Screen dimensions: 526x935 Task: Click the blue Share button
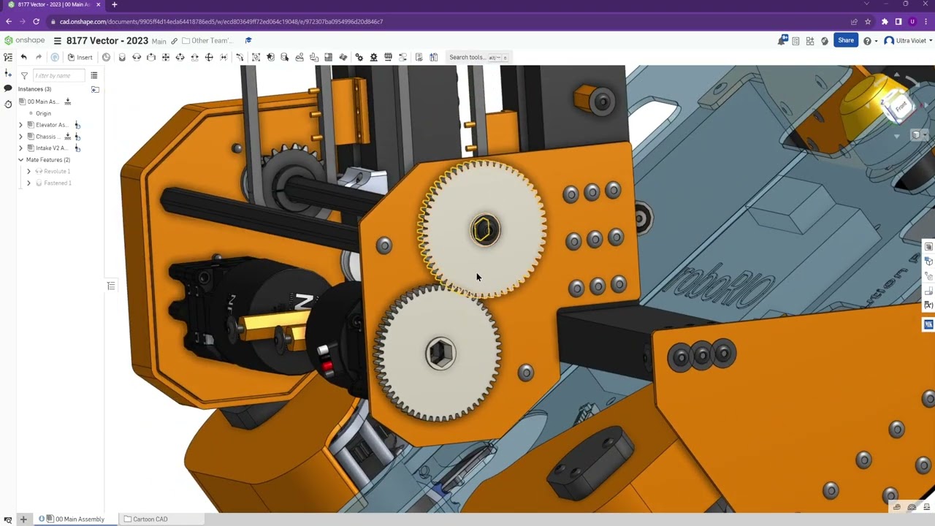point(845,41)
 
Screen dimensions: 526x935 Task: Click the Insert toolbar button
point(80,57)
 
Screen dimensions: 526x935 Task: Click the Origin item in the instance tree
point(43,113)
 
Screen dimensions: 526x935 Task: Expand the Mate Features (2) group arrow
point(20,159)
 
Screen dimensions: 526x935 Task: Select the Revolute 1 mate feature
point(57,171)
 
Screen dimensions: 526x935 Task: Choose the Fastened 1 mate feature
point(57,183)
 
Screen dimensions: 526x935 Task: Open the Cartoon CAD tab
point(150,519)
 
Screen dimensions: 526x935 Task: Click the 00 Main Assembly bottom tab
point(79,519)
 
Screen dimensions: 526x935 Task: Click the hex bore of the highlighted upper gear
point(483,230)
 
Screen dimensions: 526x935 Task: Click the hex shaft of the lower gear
point(440,354)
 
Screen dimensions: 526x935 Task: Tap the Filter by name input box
point(58,75)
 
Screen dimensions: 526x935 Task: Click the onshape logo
point(24,41)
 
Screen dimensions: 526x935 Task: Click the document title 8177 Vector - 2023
point(107,41)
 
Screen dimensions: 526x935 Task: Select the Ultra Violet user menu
point(909,41)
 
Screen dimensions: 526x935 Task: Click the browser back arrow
point(9,21)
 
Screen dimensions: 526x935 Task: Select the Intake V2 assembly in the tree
point(51,148)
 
